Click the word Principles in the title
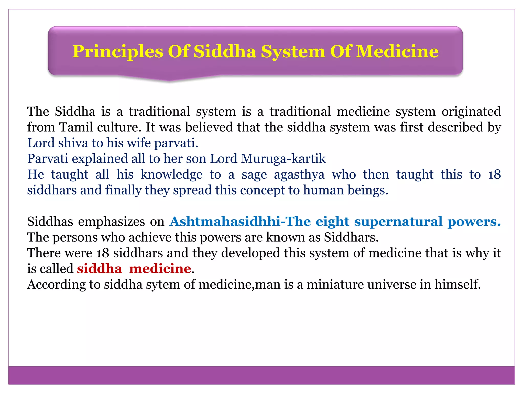(x=118, y=52)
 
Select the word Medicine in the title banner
(x=397, y=52)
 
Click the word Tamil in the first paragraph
(x=76, y=127)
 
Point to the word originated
(x=471, y=112)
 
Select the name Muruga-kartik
(x=283, y=159)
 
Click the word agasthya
(x=299, y=174)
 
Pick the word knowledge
(x=171, y=174)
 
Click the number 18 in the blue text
(x=494, y=174)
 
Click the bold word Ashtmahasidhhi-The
(x=240, y=222)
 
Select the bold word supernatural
(x=398, y=222)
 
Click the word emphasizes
(x=111, y=222)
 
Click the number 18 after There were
(x=103, y=253)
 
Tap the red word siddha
(x=100, y=269)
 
